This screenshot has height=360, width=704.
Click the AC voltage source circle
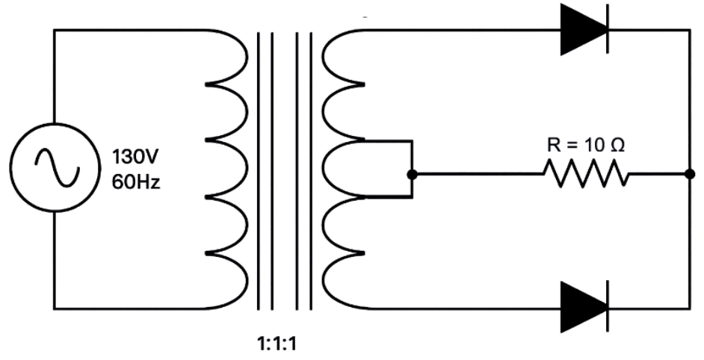click(x=10, y=167)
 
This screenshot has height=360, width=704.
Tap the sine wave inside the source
click(x=57, y=167)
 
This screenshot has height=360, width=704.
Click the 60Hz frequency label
click(x=136, y=182)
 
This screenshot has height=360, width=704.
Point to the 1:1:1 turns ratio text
click(x=277, y=344)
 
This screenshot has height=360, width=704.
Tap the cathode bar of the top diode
click(x=608, y=30)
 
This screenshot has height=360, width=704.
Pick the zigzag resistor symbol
click(x=586, y=174)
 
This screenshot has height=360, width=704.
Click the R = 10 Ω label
click(x=585, y=146)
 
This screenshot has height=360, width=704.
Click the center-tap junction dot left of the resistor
click(x=412, y=174)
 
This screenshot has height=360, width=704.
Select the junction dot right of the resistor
click(x=690, y=174)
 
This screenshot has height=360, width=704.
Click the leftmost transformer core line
click(x=258, y=170)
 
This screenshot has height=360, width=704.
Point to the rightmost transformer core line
click(x=311, y=170)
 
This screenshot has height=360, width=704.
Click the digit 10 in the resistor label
click(x=596, y=146)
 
